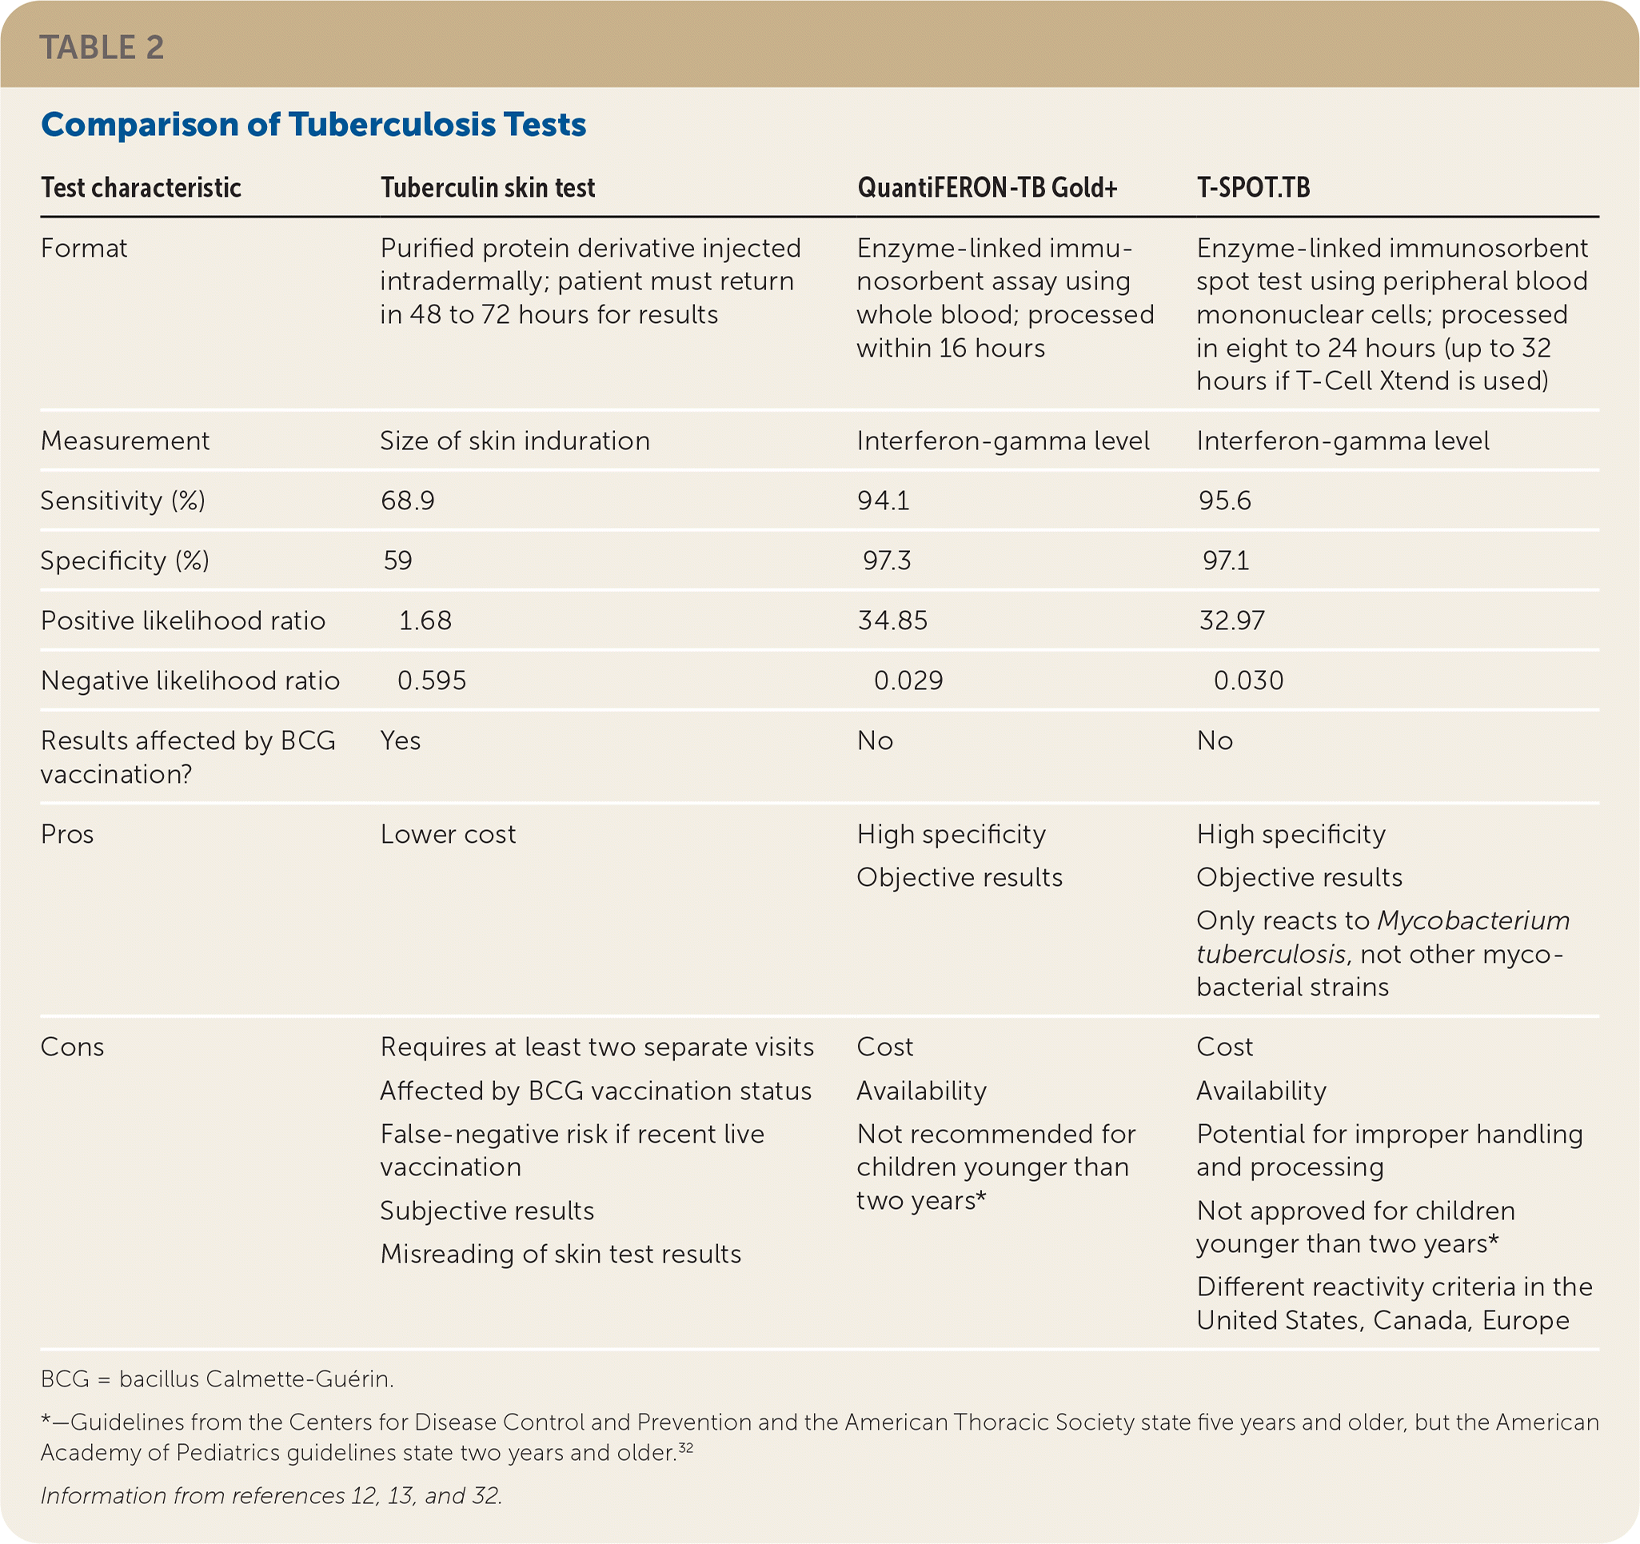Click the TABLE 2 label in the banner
coord(102,48)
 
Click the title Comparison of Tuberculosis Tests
coord(313,125)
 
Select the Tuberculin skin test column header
coord(488,188)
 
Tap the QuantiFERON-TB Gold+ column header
coord(988,188)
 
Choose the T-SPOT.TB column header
coord(1253,188)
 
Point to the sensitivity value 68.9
coord(408,501)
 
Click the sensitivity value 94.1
coord(884,501)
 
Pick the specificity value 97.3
coord(887,561)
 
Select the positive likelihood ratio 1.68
coord(425,620)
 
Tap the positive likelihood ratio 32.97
coord(1231,620)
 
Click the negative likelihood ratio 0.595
coord(432,680)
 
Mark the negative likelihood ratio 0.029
coord(908,680)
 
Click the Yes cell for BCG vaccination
coord(400,740)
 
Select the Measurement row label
coord(126,441)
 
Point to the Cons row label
coord(73,1047)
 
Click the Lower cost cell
coord(448,835)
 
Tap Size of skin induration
coord(515,441)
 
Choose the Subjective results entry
coord(487,1211)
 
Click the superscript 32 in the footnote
coord(685,1446)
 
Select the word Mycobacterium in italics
coord(1474,920)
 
